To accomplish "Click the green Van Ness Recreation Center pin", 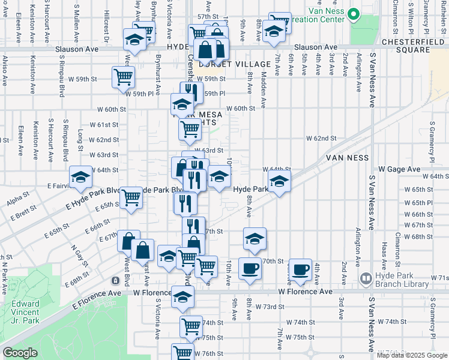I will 353,14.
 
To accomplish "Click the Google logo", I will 20,352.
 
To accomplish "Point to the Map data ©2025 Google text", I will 412,355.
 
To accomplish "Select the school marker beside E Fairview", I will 81,176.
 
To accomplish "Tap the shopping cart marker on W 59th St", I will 123,76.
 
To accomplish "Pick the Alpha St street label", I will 18,200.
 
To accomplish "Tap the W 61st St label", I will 104,125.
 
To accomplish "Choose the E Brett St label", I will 23,211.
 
